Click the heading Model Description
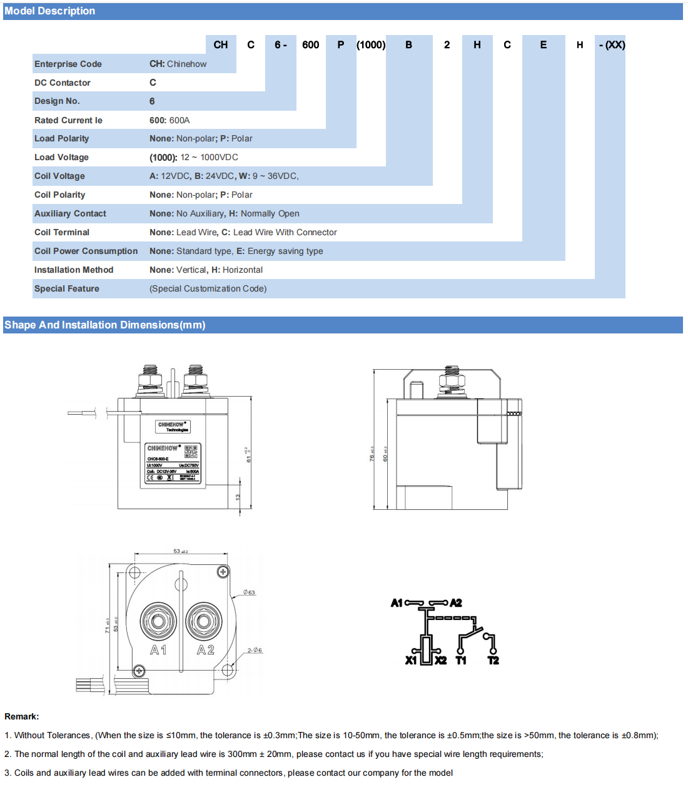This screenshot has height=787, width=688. pyautogui.click(x=50, y=11)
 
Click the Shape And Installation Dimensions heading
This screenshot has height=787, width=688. pyautogui.click(x=104, y=325)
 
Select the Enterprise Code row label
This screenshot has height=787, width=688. pyautogui.click(x=68, y=64)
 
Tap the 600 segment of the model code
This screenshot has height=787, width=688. pyautogui.click(x=310, y=45)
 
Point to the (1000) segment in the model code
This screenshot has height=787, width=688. pyautogui.click(x=371, y=45)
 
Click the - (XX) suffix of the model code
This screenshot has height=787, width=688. pyautogui.click(x=612, y=45)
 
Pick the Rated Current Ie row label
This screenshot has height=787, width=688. pyautogui.click(x=68, y=120)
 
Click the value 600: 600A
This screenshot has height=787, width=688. pyautogui.click(x=169, y=120)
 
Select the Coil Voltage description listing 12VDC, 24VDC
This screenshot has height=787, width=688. pyautogui.click(x=224, y=176)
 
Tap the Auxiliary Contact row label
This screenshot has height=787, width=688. pyautogui.click(x=70, y=214)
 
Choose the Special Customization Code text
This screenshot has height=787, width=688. pyautogui.click(x=208, y=289)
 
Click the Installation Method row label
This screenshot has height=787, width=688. pyautogui.click(x=74, y=270)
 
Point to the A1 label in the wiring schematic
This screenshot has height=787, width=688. pyautogui.click(x=397, y=603)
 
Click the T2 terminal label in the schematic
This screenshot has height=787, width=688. pyautogui.click(x=493, y=661)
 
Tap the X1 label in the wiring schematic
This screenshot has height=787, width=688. pyautogui.click(x=411, y=661)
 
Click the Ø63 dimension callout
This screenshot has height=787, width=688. pyautogui.click(x=249, y=592)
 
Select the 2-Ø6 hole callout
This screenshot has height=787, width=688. pyautogui.click(x=255, y=651)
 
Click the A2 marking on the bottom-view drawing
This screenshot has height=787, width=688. pyautogui.click(x=206, y=651)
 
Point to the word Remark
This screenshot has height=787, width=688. pyautogui.click(x=21, y=717)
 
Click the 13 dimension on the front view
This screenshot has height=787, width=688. pyautogui.click(x=238, y=497)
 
